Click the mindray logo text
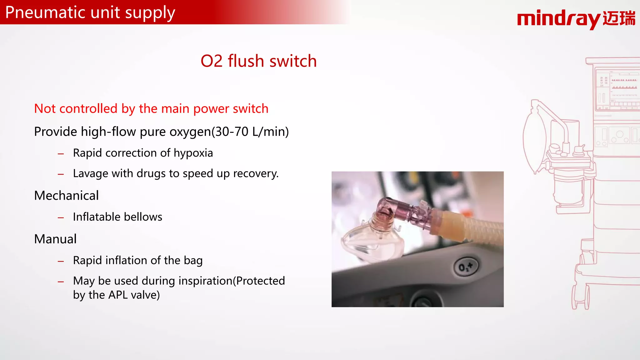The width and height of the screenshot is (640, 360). [558, 19]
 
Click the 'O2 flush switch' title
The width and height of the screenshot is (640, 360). [258, 61]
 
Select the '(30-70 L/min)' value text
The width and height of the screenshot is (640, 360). [250, 132]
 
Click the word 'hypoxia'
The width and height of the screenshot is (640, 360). [193, 153]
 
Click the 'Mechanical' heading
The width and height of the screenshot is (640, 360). [66, 196]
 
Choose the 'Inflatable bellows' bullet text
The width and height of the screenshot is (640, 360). [117, 217]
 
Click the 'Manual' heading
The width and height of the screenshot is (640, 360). [55, 239]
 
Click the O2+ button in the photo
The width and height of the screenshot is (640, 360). [465, 267]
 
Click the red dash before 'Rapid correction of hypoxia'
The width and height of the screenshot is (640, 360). [61, 154]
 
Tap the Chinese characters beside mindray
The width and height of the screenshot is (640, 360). [619, 18]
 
